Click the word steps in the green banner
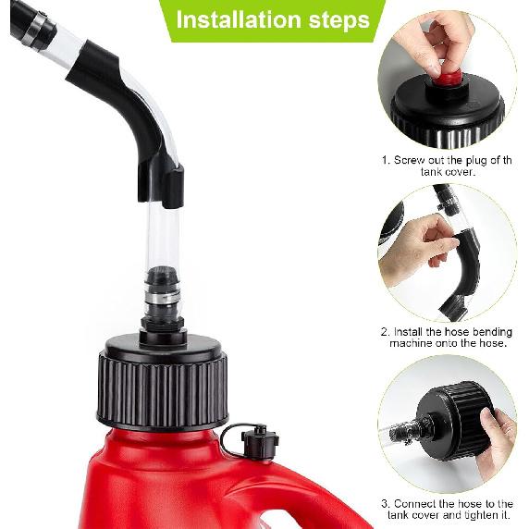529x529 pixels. (339, 21)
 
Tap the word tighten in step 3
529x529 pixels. (476, 515)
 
